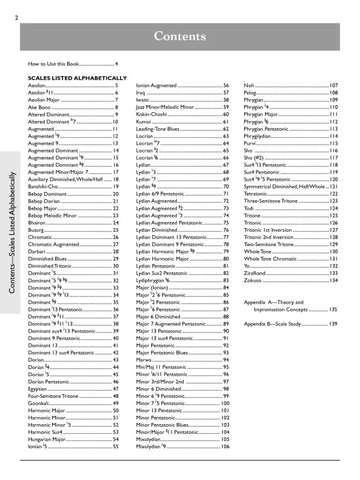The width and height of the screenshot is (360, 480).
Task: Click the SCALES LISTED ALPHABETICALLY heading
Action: (77, 78)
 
